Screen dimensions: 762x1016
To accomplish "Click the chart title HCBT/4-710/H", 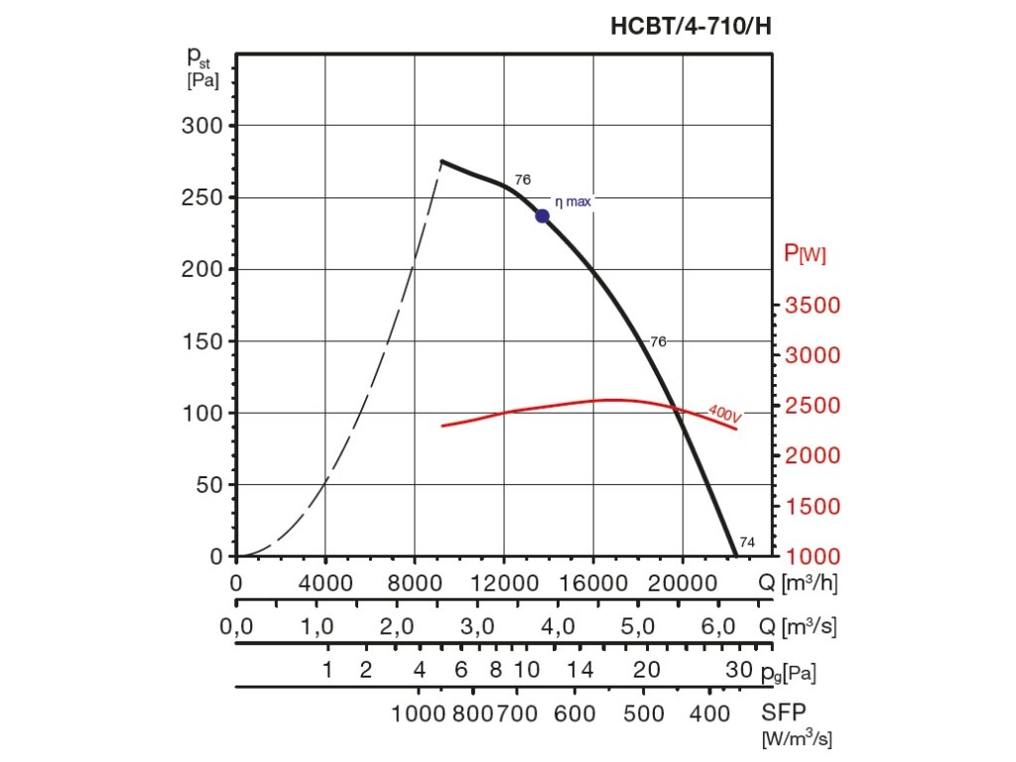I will (691, 27).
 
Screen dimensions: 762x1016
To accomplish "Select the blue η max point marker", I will (542, 216).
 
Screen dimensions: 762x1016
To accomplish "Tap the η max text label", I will (572, 201).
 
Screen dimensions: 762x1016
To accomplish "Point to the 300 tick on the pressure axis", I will (202, 126).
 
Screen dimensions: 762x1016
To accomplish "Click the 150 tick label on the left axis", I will (202, 341).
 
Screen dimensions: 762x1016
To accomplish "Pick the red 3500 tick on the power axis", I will (813, 305).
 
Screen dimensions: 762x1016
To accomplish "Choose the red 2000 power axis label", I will (813, 455).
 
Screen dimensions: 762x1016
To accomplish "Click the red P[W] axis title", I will (805, 253).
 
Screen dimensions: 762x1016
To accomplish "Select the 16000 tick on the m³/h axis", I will (593, 582).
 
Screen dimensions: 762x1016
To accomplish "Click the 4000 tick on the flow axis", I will (325, 582).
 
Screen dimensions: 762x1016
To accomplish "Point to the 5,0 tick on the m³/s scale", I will (637, 627).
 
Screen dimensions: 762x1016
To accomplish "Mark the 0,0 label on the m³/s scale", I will (236, 627).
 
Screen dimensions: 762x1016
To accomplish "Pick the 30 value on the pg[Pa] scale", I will (739, 671).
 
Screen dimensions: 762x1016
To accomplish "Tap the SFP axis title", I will (783, 713).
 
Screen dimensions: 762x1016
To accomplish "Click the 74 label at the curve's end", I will (747, 542).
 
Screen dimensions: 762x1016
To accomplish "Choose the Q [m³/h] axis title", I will (799, 582).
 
